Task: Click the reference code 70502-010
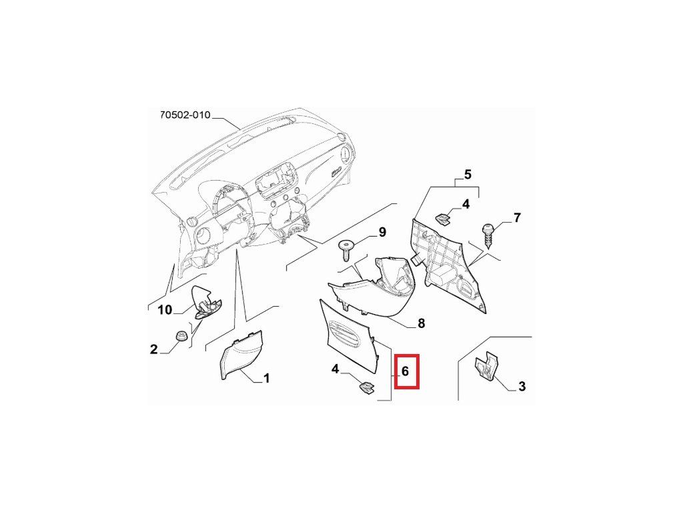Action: pos(185,115)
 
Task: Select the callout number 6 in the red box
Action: pos(406,371)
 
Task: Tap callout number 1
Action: pos(266,379)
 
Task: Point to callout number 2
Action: pos(153,349)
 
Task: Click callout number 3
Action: pos(522,385)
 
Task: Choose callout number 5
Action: pos(468,175)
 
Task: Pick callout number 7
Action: pos(516,217)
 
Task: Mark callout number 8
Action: pos(421,324)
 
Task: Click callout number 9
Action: pos(382,232)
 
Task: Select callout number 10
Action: pos(164,309)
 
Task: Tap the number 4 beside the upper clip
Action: pos(466,204)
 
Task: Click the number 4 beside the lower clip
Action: pos(335,369)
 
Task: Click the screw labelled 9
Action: pos(347,250)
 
